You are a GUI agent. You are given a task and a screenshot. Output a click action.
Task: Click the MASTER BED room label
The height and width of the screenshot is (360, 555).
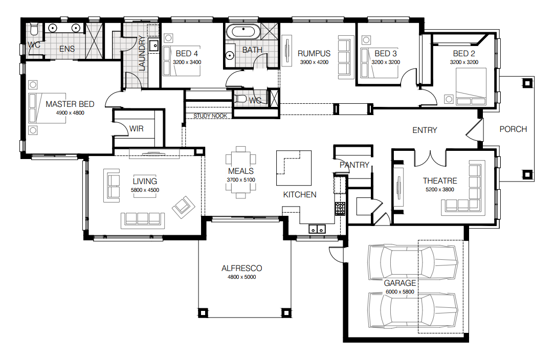point(70,104)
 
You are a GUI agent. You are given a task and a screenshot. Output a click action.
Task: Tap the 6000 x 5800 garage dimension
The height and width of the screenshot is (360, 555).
point(400,292)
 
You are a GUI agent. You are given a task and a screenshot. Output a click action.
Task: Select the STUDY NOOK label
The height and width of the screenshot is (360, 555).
point(210,116)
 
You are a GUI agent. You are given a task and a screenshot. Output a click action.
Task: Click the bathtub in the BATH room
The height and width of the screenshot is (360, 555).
point(243,32)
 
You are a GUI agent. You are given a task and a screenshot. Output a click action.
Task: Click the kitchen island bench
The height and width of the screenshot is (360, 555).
point(294,168)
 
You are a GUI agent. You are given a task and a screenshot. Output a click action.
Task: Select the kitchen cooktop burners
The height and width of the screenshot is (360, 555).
point(340,208)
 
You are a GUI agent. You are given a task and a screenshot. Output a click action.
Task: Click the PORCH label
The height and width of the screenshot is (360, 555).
point(513,129)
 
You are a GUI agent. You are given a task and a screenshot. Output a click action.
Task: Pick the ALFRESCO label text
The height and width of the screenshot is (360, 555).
point(242,268)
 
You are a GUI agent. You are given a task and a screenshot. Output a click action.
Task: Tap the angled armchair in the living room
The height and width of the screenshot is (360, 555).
point(183,206)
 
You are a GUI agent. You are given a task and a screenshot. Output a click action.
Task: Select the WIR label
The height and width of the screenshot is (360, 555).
point(137,129)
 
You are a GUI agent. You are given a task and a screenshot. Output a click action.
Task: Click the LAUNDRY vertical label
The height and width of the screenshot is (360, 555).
point(142,53)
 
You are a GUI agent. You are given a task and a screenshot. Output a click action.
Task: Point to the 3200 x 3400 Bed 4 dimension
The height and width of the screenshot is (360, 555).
point(187,62)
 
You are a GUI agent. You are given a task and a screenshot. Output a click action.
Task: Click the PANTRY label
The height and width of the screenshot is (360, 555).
point(354,165)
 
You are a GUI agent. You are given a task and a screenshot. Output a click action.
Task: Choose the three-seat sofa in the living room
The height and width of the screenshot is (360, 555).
point(143,219)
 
